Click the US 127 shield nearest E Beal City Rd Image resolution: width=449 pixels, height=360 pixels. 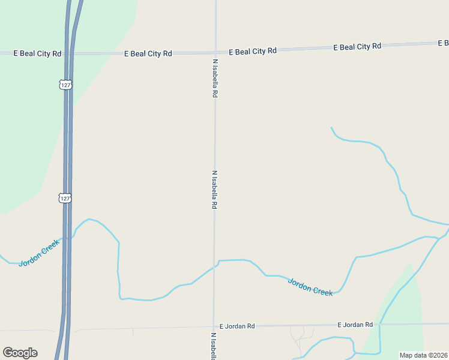(65, 85)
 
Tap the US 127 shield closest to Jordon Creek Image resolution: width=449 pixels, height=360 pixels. (65, 197)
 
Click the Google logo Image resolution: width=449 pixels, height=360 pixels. (20, 353)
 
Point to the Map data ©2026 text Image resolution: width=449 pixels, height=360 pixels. (423, 355)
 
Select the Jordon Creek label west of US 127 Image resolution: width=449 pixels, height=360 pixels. (40, 253)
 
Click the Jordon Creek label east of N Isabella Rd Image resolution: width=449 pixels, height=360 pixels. (310, 287)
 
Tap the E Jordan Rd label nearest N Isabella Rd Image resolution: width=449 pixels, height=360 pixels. (237, 326)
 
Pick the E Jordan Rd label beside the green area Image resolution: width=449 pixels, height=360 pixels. (355, 325)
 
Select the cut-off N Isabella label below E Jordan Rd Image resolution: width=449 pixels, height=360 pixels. (213, 346)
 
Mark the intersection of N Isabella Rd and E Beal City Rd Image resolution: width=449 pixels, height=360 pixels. (215, 53)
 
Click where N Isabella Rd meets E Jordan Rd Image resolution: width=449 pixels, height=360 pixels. (214, 328)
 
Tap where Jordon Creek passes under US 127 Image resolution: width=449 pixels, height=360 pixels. (68, 238)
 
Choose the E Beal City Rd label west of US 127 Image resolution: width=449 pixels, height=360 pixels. (38, 53)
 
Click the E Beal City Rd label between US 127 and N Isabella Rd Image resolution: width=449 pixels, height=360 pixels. (148, 53)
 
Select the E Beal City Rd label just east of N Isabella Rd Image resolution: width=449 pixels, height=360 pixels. (252, 52)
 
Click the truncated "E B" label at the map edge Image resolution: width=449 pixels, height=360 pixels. (443, 43)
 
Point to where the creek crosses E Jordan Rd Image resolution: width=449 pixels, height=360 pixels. (380, 325)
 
